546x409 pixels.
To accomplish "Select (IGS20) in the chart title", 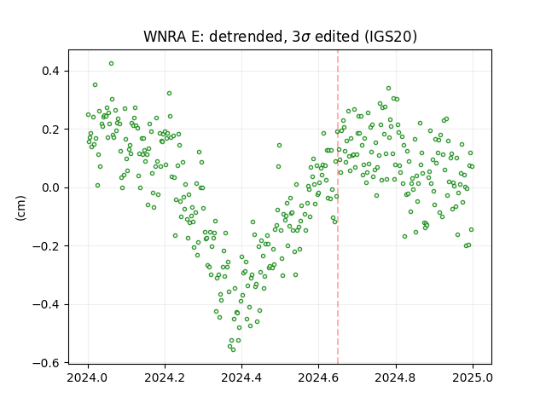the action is [x=390, y=37].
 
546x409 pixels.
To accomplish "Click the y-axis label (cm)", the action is [x=20, y=208].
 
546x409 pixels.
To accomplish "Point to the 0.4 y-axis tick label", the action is [x=51, y=71].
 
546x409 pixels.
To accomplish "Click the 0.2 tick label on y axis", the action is [x=51, y=130].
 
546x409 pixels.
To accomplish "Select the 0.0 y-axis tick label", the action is [x=51, y=187].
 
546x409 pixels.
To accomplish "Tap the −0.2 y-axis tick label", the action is [x=46, y=246].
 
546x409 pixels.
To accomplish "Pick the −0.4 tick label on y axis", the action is [x=46, y=305].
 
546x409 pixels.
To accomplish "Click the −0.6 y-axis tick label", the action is [x=46, y=363].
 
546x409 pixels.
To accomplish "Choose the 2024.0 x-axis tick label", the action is [x=88, y=377].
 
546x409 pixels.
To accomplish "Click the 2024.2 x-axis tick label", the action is [x=165, y=377].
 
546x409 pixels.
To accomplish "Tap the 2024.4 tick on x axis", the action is [x=241, y=377].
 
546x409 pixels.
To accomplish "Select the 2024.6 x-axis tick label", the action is [x=318, y=377].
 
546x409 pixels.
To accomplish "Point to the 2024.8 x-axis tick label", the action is [x=396, y=377].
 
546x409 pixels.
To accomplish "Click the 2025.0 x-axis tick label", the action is [x=473, y=377].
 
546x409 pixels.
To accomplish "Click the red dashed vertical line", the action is [x=338, y=207].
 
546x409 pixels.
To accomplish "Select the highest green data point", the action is [x=112, y=64].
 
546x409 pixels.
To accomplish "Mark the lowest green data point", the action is [x=233, y=350].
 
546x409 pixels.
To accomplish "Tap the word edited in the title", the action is [x=337, y=37].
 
